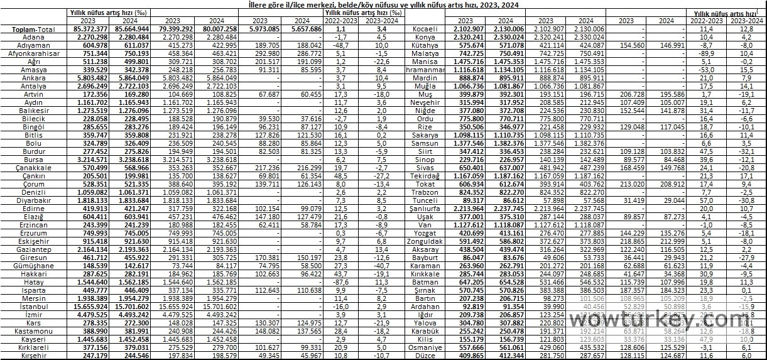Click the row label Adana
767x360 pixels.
pyautogui.click(x=33, y=37)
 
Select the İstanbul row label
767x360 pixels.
pyautogui.click(x=33, y=307)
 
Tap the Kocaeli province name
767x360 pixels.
pyautogui.click(x=425, y=29)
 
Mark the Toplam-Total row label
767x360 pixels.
pyautogui.click(x=33, y=29)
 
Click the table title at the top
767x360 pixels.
pyautogui.click(x=383, y=4)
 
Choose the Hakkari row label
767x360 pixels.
pyautogui.click(x=33, y=275)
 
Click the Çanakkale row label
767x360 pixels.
pyautogui.click(x=33, y=168)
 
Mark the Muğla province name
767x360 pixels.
pyautogui.click(x=425, y=86)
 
